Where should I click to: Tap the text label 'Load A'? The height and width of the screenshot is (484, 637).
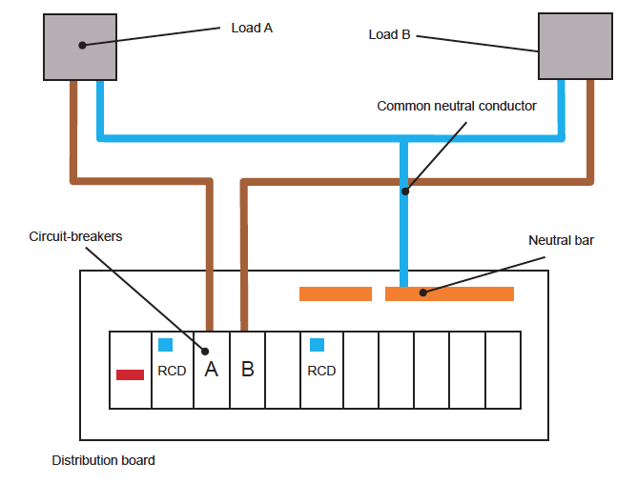252,28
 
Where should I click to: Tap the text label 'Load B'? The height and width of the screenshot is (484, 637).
389,34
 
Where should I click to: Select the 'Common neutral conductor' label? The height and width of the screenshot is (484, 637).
457,106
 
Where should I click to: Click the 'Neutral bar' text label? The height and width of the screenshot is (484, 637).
561,240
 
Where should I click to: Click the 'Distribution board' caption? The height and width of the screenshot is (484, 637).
103,460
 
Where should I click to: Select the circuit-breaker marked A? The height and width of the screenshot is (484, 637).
212,370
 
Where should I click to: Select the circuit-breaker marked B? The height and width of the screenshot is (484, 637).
248,370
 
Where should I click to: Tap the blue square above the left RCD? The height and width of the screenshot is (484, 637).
166,345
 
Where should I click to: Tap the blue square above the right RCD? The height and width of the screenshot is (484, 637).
317,345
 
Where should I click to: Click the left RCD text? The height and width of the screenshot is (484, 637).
172,371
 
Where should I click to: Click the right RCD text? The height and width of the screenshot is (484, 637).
321,371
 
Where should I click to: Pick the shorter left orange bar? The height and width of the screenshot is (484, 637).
335,293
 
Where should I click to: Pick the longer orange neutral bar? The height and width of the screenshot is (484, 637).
449,293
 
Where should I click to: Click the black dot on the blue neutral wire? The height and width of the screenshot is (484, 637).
404,191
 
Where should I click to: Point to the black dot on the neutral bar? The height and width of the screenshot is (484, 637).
423,292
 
